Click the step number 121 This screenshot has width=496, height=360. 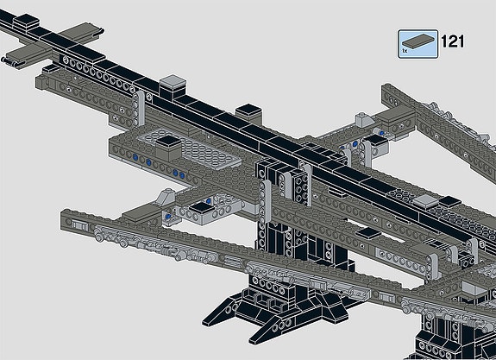click(x=453, y=41)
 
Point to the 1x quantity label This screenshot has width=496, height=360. click(x=405, y=51)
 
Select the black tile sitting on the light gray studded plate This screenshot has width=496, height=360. click(x=169, y=142)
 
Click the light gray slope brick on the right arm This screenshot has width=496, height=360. click(x=364, y=120)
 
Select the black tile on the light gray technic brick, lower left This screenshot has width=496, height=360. click(x=202, y=208)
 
